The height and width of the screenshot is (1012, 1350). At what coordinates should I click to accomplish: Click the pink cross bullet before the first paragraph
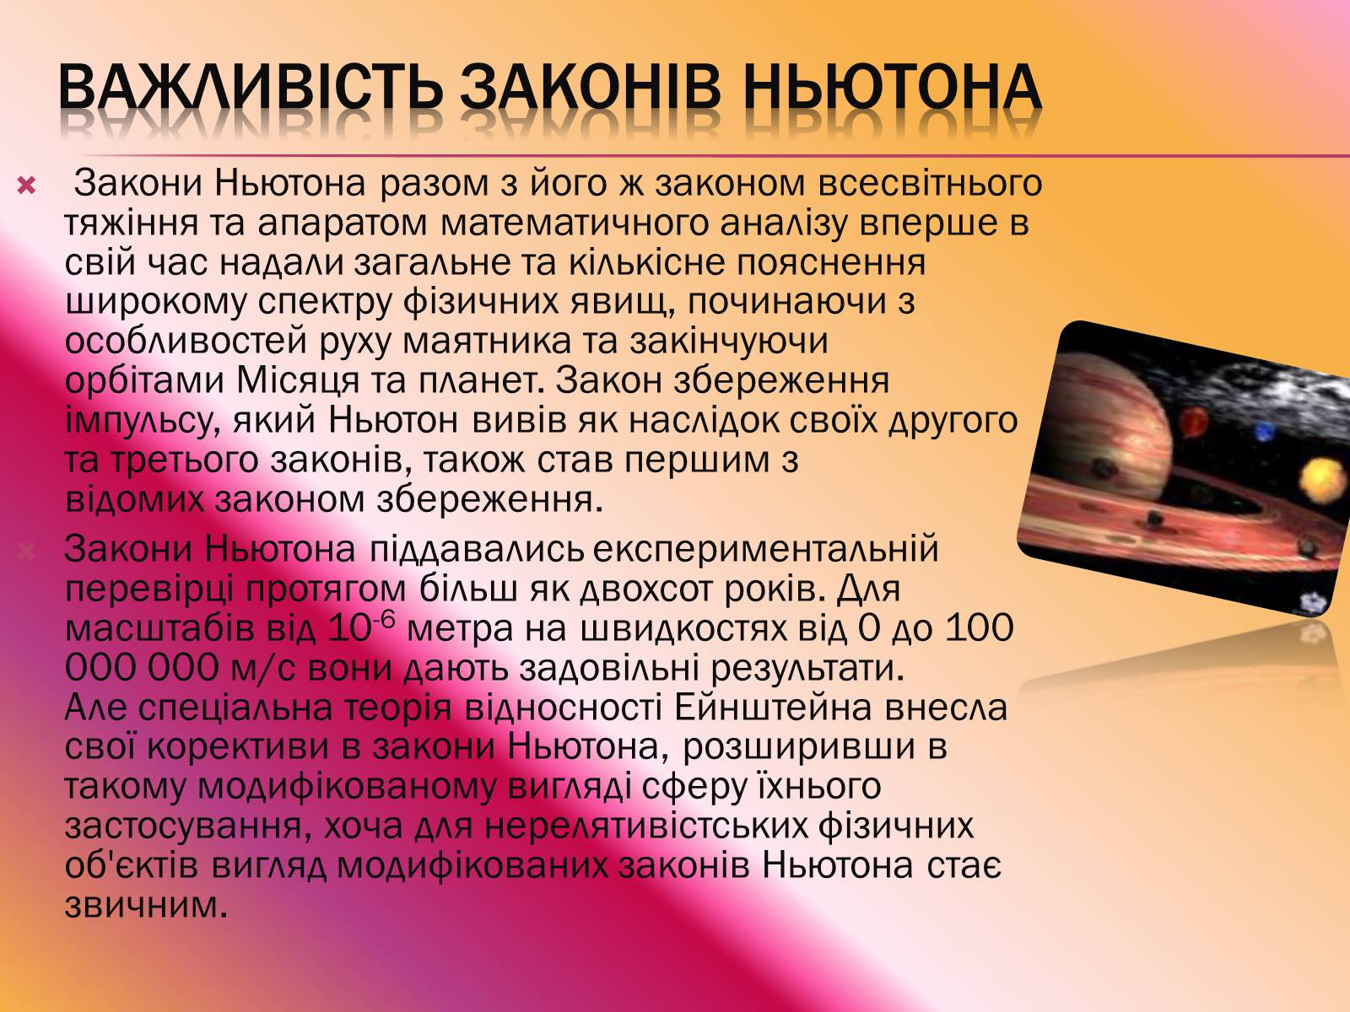(26, 185)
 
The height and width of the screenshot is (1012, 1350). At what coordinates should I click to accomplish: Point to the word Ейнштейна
(773, 708)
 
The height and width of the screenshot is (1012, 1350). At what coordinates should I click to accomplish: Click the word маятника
(487, 342)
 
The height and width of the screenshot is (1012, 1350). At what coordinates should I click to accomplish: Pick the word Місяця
(298, 382)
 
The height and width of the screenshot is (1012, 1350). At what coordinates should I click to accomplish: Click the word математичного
(575, 223)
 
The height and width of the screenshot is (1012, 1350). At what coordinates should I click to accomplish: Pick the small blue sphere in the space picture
(1264, 432)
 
